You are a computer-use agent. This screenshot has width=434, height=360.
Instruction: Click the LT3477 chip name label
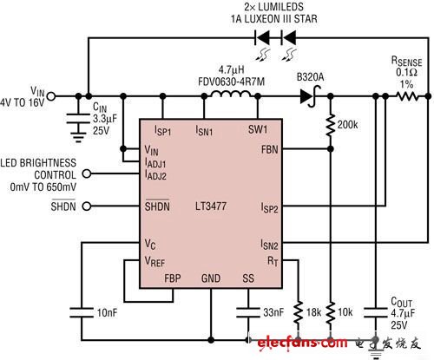pyautogui.click(x=211, y=206)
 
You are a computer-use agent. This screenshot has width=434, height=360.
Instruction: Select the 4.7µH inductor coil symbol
pyautogui.click(x=231, y=95)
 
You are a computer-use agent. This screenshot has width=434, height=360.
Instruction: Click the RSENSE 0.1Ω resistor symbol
pyautogui.click(x=407, y=96)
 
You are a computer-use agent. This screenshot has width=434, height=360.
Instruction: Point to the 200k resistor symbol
pyautogui.click(x=331, y=125)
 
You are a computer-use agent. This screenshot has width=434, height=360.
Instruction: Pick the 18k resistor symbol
pyautogui.click(x=299, y=312)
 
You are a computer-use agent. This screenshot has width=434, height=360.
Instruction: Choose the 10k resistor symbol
pyautogui.click(x=331, y=312)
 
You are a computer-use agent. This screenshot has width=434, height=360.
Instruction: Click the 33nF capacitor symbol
pyautogui.click(x=248, y=312)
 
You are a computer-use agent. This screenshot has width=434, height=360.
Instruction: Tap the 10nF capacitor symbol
pyautogui.click(x=82, y=312)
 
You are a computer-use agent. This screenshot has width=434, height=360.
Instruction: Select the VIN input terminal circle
pyautogui.click(x=51, y=96)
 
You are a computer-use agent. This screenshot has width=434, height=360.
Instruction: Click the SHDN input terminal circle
pyautogui.click(x=87, y=206)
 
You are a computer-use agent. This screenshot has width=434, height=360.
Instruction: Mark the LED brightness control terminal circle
pyautogui.click(x=87, y=173)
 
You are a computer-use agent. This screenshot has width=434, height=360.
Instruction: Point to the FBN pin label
pyautogui.click(x=269, y=149)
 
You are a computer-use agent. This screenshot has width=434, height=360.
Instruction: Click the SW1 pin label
pyautogui.click(x=258, y=129)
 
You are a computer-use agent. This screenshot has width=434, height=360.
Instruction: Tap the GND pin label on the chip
pyautogui.click(x=211, y=278)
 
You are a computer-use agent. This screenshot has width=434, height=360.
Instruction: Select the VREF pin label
pyautogui.click(x=155, y=262)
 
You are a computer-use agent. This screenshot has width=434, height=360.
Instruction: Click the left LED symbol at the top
pyautogui.click(x=262, y=38)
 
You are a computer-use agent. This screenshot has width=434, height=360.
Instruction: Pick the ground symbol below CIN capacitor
pyautogui.click(x=78, y=138)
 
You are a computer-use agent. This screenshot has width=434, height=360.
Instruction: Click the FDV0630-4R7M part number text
pyautogui.click(x=231, y=82)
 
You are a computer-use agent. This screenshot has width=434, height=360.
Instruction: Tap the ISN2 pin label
pyautogui.click(x=269, y=245)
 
